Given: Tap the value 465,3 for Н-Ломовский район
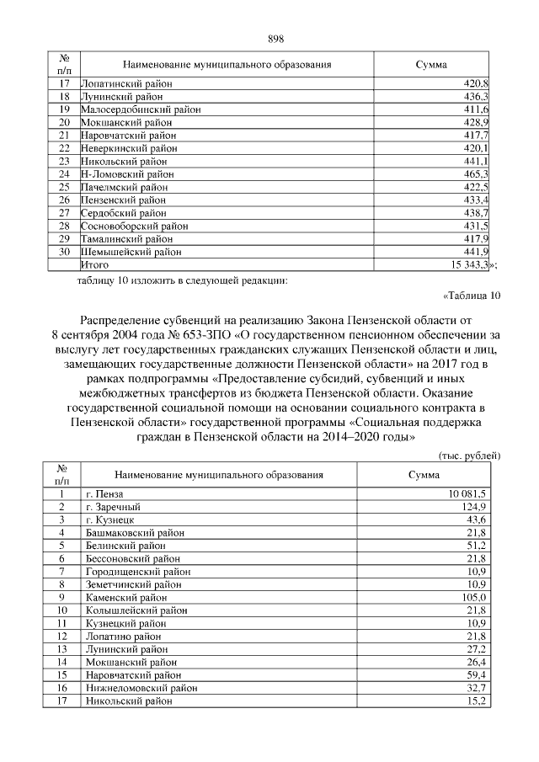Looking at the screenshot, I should click(x=478, y=174).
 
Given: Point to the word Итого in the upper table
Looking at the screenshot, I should click(x=95, y=264).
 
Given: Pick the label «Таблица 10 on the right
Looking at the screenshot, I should click(x=472, y=296).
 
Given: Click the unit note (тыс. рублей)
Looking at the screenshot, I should click(x=471, y=456).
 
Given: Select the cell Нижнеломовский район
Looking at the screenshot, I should click(x=136, y=687).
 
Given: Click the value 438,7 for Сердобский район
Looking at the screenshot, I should click(x=478, y=213).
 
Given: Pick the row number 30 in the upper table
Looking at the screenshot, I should click(x=63, y=252).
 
